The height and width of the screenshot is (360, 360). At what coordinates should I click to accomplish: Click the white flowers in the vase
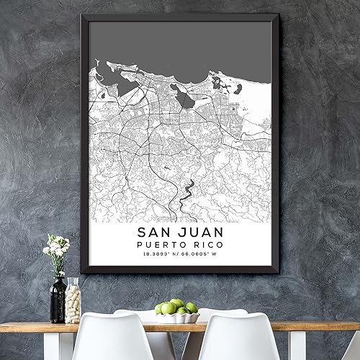click(57, 246)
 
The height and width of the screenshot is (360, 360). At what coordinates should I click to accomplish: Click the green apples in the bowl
click(176, 307)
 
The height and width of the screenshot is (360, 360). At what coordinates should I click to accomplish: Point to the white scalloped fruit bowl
click(177, 316)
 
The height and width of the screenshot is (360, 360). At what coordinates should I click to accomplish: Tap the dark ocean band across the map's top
click(180, 43)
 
